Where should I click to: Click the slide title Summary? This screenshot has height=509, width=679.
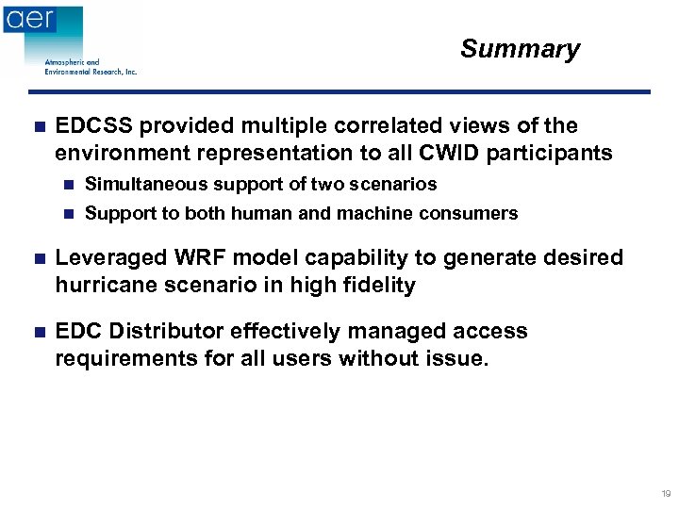tap(520, 49)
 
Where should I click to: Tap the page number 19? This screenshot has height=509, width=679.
tap(666, 494)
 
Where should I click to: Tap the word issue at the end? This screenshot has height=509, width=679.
tap(459, 358)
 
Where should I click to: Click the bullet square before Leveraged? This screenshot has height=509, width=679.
tap(37, 258)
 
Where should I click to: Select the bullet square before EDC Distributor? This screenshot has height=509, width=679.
tap(37, 332)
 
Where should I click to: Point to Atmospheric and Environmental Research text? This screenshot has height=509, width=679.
tap(91, 67)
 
